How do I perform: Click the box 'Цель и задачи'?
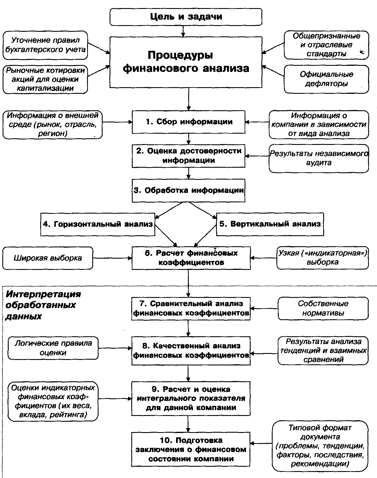tap(186, 17)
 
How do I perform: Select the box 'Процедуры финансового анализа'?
tap(186, 62)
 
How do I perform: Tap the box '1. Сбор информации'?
tap(188, 122)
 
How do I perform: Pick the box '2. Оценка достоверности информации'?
tap(188, 156)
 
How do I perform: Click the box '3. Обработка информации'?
tap(188, 191)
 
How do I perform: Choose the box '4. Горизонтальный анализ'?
tap(97, 224)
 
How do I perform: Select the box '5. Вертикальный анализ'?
tap(270, 224)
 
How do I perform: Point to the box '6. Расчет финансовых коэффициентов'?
tap(191, 258)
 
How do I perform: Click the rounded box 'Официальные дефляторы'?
tap(326, 79)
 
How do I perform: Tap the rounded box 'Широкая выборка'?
tap(48, 258)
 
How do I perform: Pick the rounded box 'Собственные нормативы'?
tap(323, 309)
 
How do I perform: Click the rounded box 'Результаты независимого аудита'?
tap(319, 158)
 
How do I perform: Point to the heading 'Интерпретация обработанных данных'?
tap(43, 305)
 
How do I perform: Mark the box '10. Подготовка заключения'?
tap(191, 449)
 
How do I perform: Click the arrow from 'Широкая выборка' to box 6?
tap(112, 258)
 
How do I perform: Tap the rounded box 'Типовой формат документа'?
tap(320, 446)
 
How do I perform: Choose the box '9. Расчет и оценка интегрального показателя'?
tap(191, 399)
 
